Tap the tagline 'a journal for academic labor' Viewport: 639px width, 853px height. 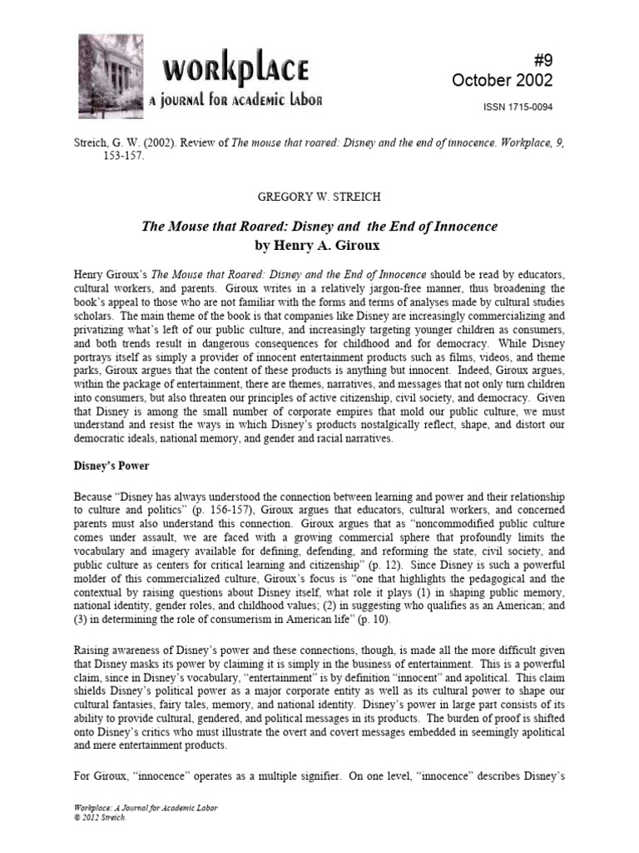(x=235, y=101)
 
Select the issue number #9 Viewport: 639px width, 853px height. (x=541, y=56)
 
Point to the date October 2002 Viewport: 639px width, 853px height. (x=502, y=79)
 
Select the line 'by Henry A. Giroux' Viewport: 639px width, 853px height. (x=319, y=246)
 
